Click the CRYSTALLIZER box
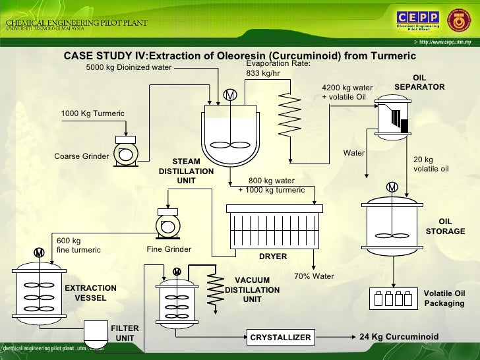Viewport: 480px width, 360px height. [280, 338]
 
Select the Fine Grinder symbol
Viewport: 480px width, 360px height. [168, 226]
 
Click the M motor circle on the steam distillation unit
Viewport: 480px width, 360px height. [230, 96]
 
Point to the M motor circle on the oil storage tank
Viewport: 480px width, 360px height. [392, 188]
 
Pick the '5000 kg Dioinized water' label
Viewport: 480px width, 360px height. [129, 67]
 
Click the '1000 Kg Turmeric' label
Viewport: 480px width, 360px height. [93, 113]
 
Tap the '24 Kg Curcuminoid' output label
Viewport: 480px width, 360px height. [399, 337]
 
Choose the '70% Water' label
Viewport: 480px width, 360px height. [314, 276]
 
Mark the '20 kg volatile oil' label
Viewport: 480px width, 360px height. [431, 164]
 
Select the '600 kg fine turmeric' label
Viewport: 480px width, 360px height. [78, 245]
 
